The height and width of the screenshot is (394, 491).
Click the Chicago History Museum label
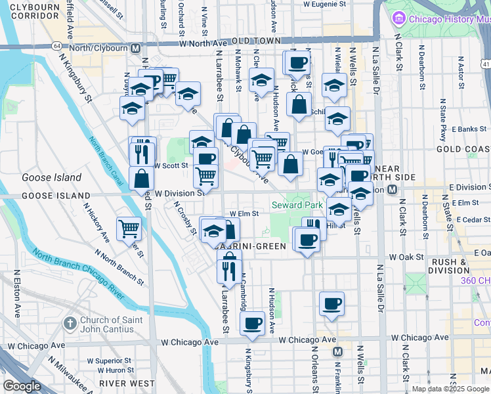point(446,18)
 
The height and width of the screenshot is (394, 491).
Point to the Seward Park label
point(297,206)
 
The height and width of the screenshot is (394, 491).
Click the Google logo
point(22,385)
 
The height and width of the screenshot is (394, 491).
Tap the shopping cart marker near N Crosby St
point(129,229)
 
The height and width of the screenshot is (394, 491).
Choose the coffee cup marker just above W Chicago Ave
point(252,323)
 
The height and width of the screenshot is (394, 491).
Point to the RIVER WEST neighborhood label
point(122,382)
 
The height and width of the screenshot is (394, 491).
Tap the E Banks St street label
point(467,129)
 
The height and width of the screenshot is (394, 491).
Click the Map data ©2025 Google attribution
point(450,389)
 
